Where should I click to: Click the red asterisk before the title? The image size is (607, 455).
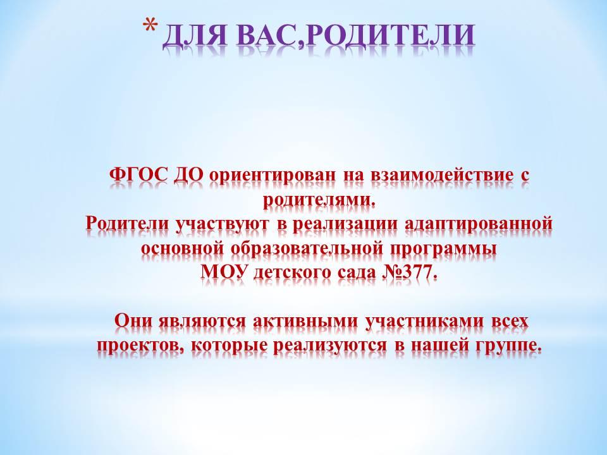click(150, 27)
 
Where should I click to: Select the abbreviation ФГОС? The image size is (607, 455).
click(139, 175)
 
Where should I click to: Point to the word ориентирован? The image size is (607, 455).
click(273, 176)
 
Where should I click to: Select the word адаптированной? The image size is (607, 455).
click(479, 224)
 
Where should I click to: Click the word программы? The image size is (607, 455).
click(443, 250)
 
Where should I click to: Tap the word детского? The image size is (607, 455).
click(290, 273)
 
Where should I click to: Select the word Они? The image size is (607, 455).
click(133, 321)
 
